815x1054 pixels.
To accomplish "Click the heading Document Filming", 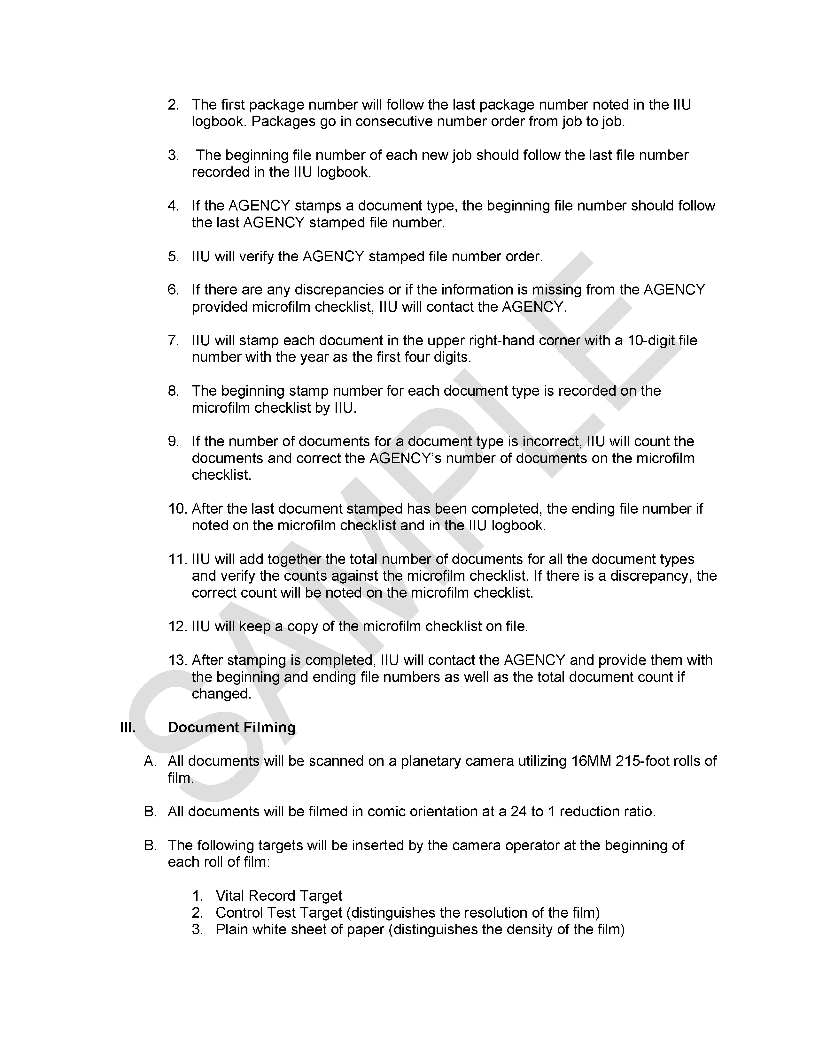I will click(x=231, y=727).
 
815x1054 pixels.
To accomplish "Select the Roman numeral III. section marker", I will click(x=128, y=727).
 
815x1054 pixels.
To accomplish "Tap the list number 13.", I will click(x=177, y=660).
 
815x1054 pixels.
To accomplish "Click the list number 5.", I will click(x=173, y=256).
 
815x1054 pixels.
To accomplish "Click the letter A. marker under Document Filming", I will click(x=150, y=761).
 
